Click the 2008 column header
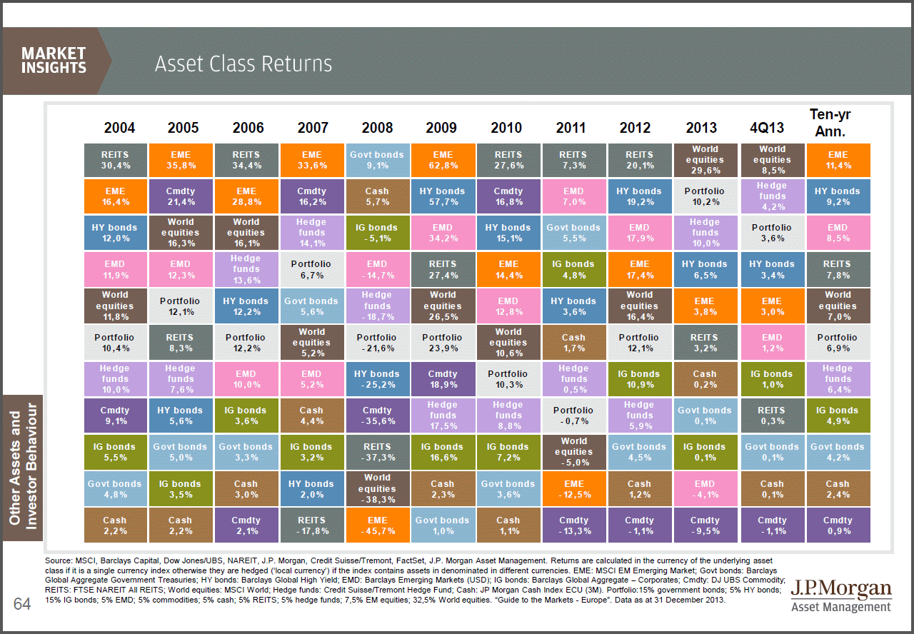(377, 128)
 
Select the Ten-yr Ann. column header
(830, 122)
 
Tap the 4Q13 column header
(767, 128)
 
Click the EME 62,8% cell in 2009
(443, 160)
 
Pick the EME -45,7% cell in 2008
(377, 525)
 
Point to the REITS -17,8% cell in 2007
(312, 525)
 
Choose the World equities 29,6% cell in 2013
(704, 160)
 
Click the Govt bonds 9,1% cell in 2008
(377, 160)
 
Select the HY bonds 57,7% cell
(443, 196)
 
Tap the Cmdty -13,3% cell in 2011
(573, 525)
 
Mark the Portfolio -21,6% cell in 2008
(377, 343)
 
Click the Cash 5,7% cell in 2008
(377, 196)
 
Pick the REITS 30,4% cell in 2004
(115, 160)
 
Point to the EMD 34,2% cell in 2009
(443, 233)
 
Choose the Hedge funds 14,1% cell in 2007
(312, 233)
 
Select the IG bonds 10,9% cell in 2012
(639, 379)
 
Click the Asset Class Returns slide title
(243, 64)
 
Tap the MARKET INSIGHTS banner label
(54, 61)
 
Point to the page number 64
(22, 605)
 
